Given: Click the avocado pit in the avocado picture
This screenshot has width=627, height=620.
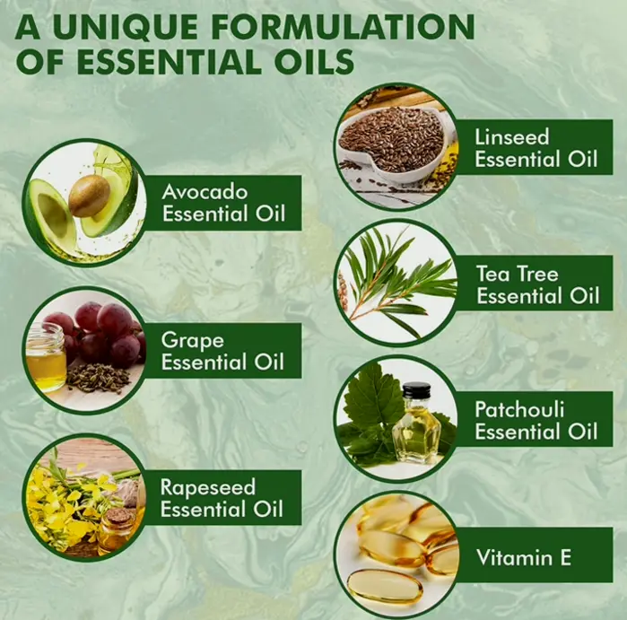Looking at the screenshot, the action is [89, 196].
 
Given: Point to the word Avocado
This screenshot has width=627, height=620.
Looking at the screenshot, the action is [205, 192].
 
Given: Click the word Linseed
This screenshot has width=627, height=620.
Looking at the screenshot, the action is [512, 137].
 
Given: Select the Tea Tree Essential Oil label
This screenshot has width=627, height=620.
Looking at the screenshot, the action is [537, 284].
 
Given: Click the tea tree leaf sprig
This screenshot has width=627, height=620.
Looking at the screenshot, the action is [396, 280].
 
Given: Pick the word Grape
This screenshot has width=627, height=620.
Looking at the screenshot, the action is [192, 341].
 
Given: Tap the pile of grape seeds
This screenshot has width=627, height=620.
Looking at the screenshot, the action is [98, 377].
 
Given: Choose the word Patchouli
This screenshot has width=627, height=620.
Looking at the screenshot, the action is [519, 410].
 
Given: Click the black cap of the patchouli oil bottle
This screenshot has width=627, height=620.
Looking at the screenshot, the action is [417, 390].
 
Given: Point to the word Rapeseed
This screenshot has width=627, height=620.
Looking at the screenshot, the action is [207, 488].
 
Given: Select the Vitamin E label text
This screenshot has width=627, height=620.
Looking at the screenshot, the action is [524, 557].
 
